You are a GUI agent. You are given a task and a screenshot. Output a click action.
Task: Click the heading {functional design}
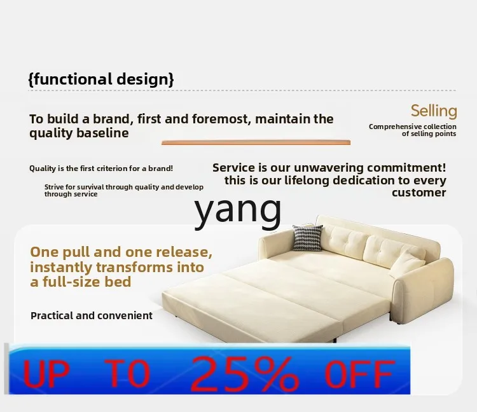[101, 79]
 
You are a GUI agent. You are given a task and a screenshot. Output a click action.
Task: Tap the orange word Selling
[434, 111]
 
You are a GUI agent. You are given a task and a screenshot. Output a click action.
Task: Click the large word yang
[238, 210]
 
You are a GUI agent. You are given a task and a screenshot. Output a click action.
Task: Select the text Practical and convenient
[92, 315]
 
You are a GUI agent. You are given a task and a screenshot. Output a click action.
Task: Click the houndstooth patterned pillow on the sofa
[308, 238]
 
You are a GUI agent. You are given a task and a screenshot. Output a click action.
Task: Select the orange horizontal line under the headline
[256, 142]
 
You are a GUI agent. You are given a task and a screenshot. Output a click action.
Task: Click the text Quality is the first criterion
[101, 168]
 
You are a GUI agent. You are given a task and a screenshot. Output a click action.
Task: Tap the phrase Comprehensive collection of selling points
[413, 130]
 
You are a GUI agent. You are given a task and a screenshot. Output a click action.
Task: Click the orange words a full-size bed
[81, 282]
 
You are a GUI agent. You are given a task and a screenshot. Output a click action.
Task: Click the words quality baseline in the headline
[79, 133]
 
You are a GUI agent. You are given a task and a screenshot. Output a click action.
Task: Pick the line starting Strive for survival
[124, 190]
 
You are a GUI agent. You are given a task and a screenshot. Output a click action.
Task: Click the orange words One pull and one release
[121, 252]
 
